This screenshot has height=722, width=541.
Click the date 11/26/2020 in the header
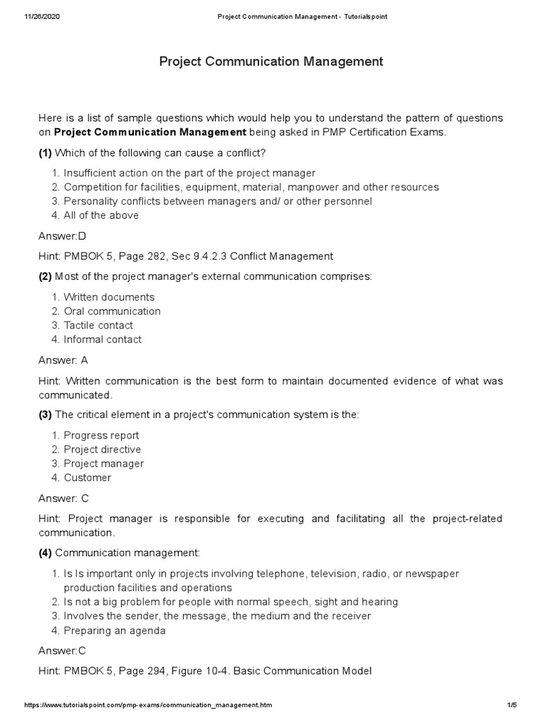tap(42, 16)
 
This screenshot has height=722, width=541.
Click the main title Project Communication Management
tap(270, 62)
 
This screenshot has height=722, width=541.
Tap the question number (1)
tap(45, 153)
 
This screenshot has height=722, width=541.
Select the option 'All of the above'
tap(101, 215)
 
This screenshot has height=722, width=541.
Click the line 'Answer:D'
tap(62, 235)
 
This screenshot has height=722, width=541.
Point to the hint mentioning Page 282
tap(185, 256)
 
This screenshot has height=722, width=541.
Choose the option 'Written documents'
tap(108, 297)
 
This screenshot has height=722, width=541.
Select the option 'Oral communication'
tap(112, 311)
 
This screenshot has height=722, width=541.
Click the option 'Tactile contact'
tap(98, 325)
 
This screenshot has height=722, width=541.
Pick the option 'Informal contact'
tap(102, 339)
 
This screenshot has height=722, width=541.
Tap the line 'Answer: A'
tap(63, 359)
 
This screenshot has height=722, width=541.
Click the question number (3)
tap(45, 415)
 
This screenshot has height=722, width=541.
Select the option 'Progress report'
tap(101, 435)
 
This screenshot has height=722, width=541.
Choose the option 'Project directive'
tap(102, 449)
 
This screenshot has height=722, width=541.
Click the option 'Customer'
tap(87, 477)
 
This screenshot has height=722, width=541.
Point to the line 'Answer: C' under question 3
tap(63, 497)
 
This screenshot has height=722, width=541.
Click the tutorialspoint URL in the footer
tap(148, 705)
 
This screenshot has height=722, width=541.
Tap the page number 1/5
tap(511, 705)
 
